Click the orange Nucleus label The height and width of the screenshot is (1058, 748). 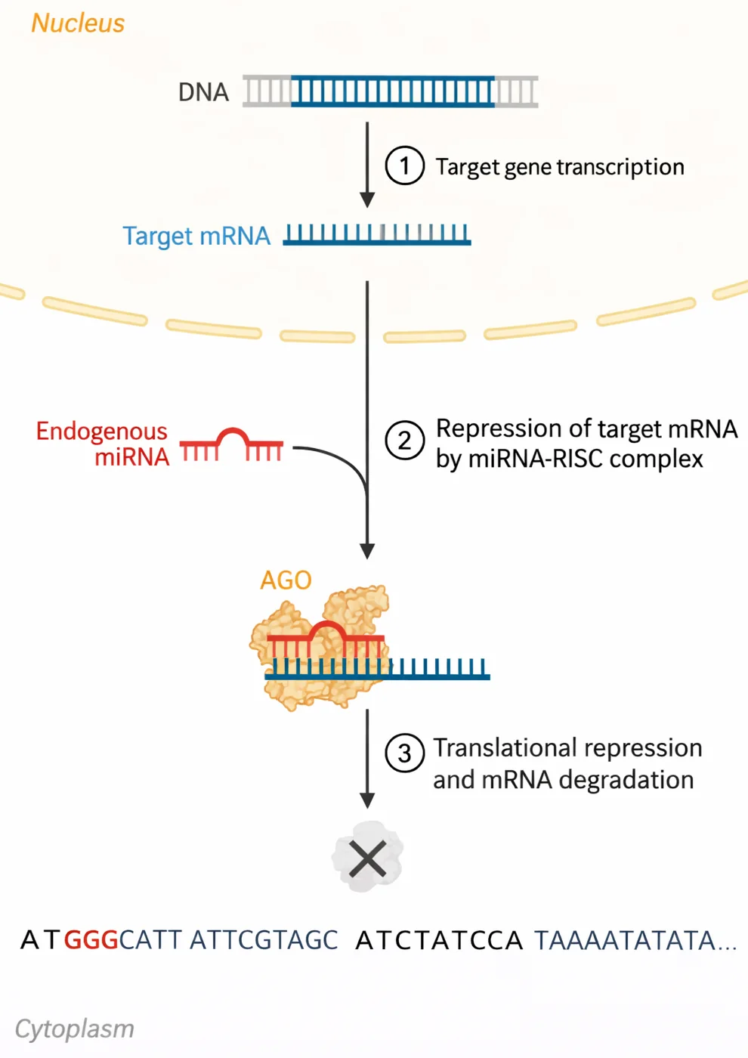point(78,23)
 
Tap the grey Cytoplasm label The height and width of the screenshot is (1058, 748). point(75,1029)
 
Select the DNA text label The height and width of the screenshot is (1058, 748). point(203,92)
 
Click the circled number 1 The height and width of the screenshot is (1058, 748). point(405,166)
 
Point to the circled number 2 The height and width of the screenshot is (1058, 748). point(405,440)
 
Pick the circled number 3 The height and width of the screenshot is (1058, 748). point(405,753)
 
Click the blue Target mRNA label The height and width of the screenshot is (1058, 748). point(196,236)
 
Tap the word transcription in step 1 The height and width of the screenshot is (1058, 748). point(621,167)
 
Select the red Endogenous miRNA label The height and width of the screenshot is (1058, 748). point(103,444)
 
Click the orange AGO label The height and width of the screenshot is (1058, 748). point(286,580)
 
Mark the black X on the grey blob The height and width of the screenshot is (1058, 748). point(367,858)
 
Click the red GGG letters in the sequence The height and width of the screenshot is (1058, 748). point(91,940)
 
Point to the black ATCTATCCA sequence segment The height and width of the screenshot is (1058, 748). point(439,940)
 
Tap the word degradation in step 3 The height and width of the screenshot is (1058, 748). point(626,780)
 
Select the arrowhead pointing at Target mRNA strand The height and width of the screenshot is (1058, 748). point(367,200)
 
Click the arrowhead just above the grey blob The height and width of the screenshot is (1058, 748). point(367,801)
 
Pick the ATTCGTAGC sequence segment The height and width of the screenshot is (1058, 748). point(264,940)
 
